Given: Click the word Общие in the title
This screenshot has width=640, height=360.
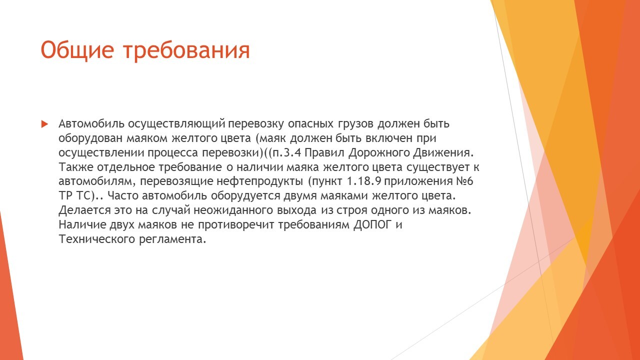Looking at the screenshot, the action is pos(77,50).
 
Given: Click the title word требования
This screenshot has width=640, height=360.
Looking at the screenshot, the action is pos(187,50).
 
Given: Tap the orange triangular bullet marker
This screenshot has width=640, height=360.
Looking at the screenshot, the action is pos(44,124).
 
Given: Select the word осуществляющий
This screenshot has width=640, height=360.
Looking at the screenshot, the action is pos(176,124).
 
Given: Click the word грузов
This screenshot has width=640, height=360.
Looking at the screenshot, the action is pos(355,124).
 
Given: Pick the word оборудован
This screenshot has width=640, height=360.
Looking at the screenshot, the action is pos(90,138).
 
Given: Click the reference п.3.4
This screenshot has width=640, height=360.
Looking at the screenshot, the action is pos(287,153).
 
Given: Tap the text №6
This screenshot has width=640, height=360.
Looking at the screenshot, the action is pos(463,181).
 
